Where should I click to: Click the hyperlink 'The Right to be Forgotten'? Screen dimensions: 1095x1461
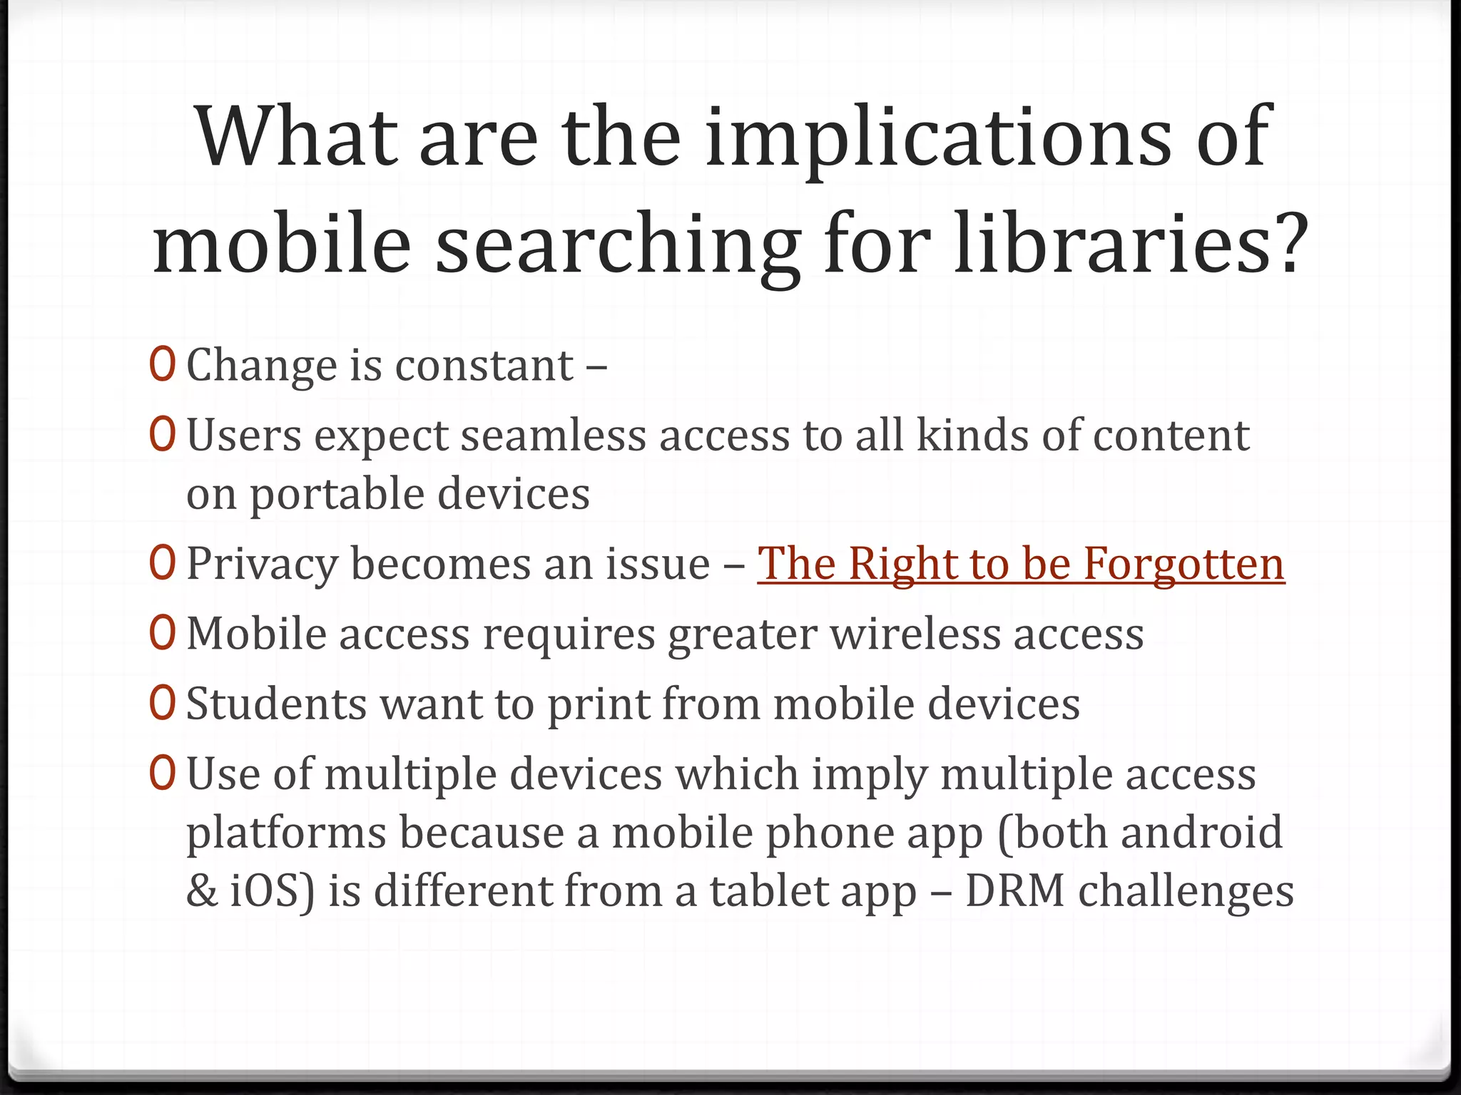[x=1021, y=564]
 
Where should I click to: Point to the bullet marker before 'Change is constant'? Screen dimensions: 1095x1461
[x=163, y=364]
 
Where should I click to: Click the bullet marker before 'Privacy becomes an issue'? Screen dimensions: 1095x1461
[x=163, y=563]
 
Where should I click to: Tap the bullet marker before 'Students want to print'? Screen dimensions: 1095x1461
[x=163, y=703]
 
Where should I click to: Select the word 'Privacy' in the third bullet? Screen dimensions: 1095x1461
[x=262, y=564]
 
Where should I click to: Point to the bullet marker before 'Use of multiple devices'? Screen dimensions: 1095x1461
[x=163, y=773]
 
